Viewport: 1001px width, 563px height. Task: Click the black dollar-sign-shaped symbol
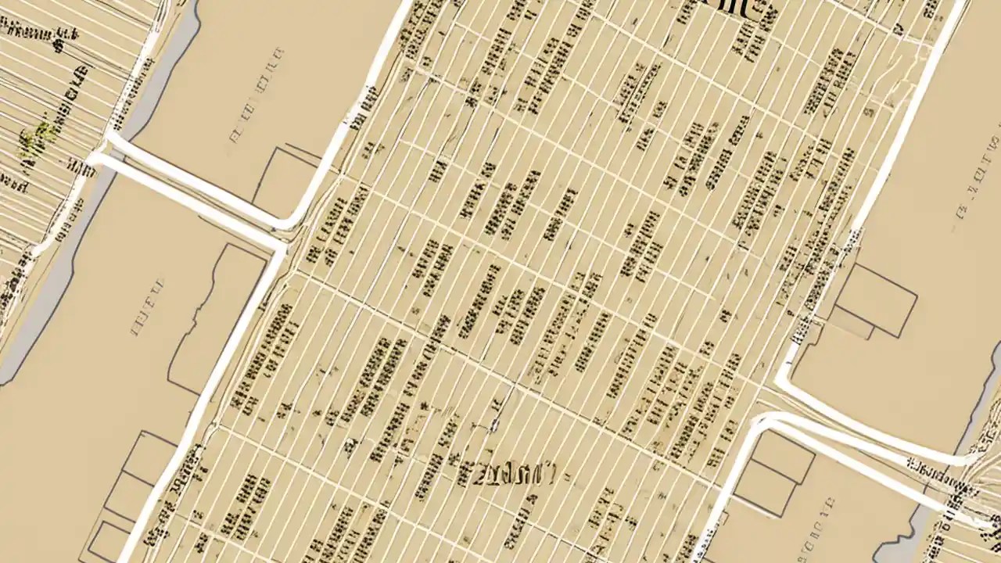coord(59,44)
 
